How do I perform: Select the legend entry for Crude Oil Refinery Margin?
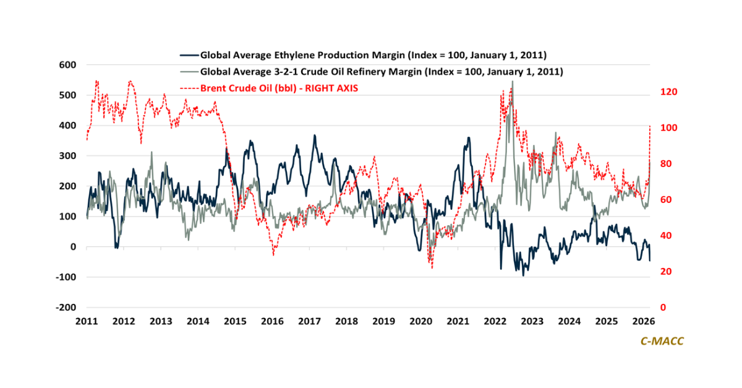pyautogui.click(x=380, y=71)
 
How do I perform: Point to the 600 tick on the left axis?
pyautogui.click(x=67, y=65)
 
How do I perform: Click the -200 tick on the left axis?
pyautogui.click(x=66, y=308)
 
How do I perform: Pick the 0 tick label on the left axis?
pyautogui.click(x=72, y=247)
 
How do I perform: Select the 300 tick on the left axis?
pyautogui.click(x=67, y=156)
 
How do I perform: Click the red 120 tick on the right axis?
pyautogui.click(x=670, y=92)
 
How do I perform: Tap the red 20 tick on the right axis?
pyautogui.click(x=667, y=272)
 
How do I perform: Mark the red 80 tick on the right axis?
pyautogui.click(x=667, y=164)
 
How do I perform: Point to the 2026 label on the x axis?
pyautogui.click(x=644, y=322)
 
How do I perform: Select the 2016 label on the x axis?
pyautogui.click(x=273, y=322)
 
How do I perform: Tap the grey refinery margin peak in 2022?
pyautogui.click(x=512, y=82)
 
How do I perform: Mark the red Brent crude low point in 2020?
pyautogui.click(x=432, y=267)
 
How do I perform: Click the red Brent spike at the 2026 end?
pyautogui.click(x=650, y=126)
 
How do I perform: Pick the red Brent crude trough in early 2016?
pyautogui.click(x=274, y=254)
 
